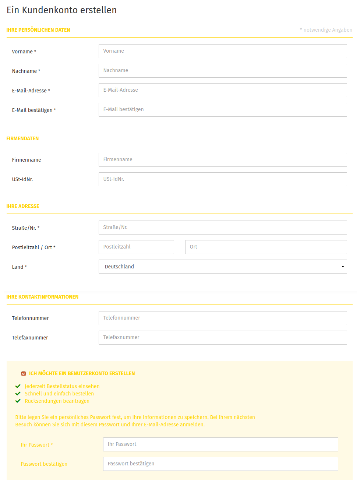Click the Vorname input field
click(x=223, y=51)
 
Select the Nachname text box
click(x=223, y=71)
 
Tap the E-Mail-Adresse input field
click(x=223, y=90)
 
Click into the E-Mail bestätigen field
click(x=223, y=110)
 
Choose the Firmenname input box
click(x=223, y=160)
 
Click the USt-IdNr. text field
click(x=223, y=179)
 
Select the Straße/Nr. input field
click(x=223, y=228)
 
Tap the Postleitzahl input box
click(x=136, y=247)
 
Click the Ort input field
click(x=266, y=247)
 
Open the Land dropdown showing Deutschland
click(x=223, y=267)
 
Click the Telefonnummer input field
click(x=223, y=318)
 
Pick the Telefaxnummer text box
click(x=223, y=338)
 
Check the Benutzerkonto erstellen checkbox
click(x=24, y=374)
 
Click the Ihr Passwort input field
click(x=220, y=444)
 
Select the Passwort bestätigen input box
click(x=220, y=464)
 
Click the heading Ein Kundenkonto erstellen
click(x=61, y=10)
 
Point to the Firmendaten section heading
click(x=22, y=138)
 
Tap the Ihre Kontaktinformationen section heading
click(x=42, y=297)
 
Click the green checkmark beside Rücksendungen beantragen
click(x=18, y=401)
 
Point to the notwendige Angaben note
click(x=326, y=30)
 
